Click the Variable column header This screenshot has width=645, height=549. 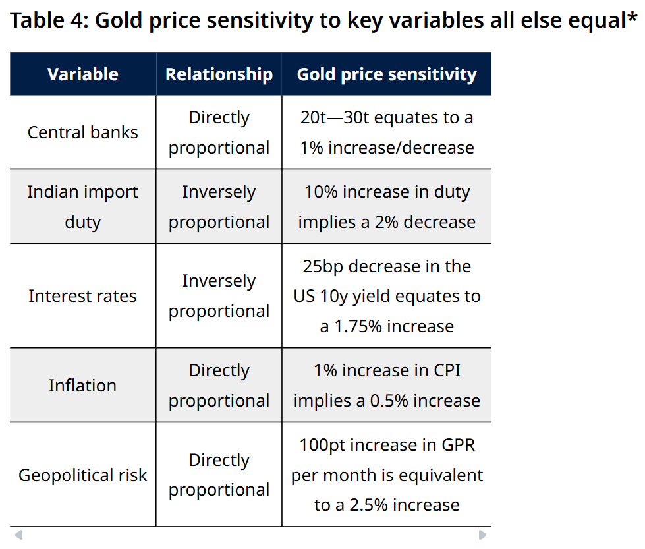click(82, 74)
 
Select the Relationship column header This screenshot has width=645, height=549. click(219, 74)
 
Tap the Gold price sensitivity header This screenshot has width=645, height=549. click(387, 74)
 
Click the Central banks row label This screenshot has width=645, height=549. click(82, 132)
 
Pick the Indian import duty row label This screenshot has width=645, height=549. click(82, 207)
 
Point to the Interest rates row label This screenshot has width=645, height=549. click(82, 296)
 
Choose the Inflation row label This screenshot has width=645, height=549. click(82, 386)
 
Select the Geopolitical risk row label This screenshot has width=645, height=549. click(82, 475)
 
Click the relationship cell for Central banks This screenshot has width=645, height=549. click(219, 132)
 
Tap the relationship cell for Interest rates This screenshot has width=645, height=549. click(219, 296)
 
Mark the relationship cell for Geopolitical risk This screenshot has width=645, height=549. click(219, 475)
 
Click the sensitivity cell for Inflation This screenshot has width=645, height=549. click(387, 386)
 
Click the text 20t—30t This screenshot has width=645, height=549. click(334, 118)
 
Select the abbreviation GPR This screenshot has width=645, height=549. click(459, 445)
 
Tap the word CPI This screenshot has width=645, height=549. click(447, 370)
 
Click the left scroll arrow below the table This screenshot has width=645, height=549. click(18, 535)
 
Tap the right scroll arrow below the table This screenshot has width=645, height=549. click(483, 535)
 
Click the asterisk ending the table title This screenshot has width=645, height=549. click(632, 17)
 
